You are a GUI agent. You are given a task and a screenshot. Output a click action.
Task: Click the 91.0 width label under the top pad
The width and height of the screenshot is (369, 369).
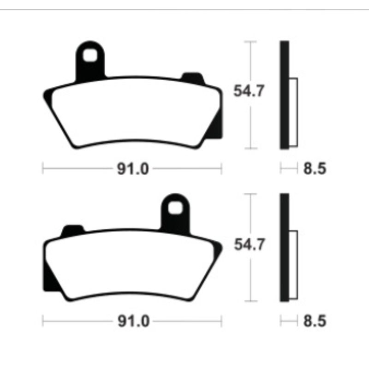point(132,169)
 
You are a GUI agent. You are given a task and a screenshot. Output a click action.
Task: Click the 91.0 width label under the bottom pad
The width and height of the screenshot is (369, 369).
point(132,321)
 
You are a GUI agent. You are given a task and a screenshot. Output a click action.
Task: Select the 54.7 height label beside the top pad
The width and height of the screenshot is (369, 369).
point(249,91)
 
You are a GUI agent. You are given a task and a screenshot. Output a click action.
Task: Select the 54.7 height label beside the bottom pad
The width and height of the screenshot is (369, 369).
point(249,244)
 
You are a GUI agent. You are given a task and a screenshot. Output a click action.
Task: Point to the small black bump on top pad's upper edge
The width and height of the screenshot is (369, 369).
point(192,77)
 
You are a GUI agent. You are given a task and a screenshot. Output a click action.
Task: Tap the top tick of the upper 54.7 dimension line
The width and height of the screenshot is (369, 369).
point(250,42)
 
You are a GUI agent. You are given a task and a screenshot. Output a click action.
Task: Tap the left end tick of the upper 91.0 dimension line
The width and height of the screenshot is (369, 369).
point(43,169)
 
